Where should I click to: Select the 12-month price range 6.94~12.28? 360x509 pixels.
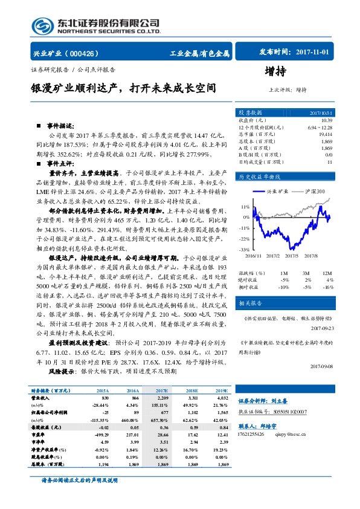point(320,128)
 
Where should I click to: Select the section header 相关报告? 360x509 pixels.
point(250,302)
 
